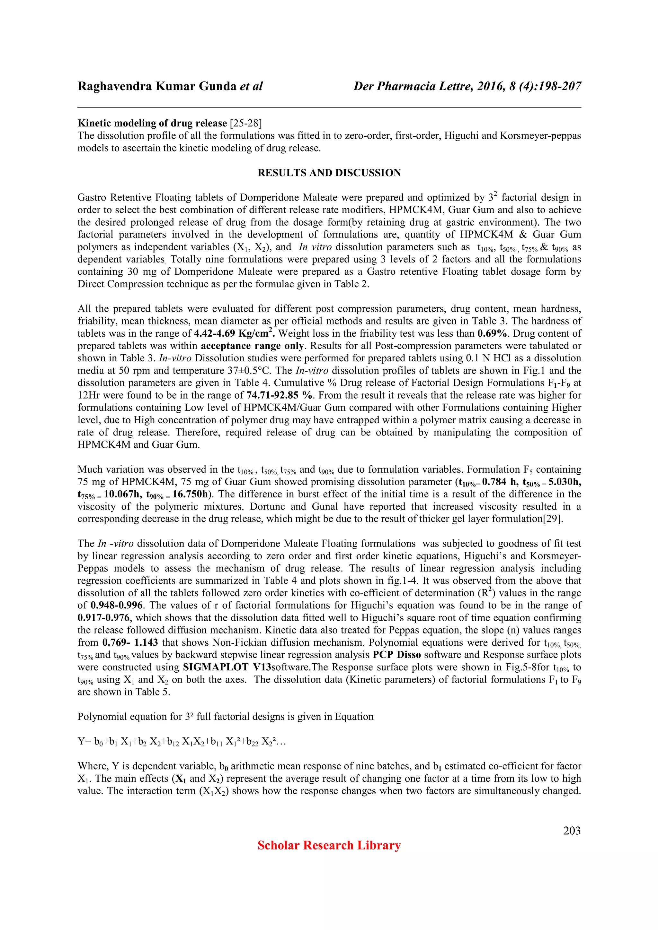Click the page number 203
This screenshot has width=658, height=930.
click(572, 831)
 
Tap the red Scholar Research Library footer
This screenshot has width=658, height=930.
click(329, 845)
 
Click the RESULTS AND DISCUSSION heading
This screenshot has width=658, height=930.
click(329, 173)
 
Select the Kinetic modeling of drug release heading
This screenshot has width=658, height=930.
click(152, 123)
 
